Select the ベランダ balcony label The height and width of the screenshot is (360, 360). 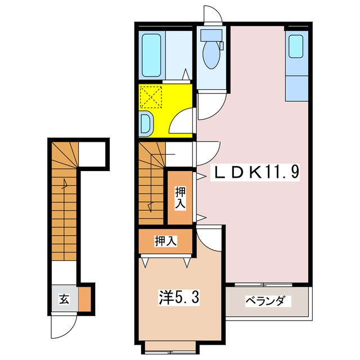(268, 301)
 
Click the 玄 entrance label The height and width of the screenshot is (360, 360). (64, 299)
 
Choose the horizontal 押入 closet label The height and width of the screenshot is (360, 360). (166, 241)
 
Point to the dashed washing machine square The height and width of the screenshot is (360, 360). (150, 96)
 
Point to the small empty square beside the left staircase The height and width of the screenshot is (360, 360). (92, 153)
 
